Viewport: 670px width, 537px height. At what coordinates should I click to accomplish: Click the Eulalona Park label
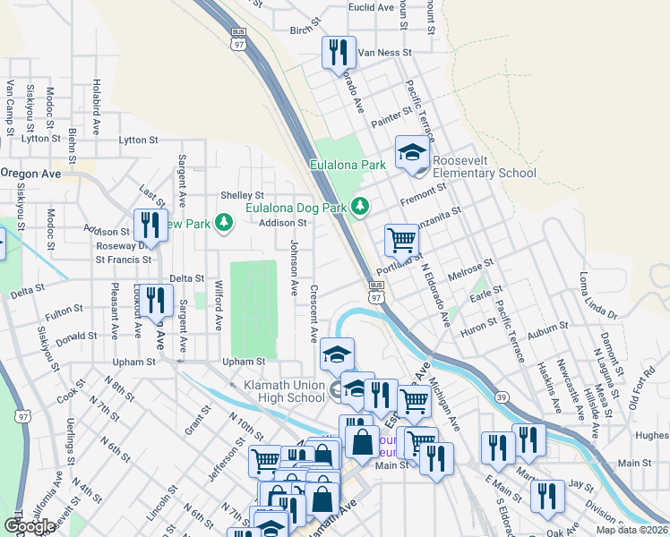point(348,165)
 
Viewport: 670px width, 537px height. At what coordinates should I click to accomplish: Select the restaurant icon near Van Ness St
point(339,53)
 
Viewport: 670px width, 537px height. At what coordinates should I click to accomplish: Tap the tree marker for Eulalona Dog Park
point(360,206)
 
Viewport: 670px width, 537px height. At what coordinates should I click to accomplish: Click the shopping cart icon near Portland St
point(401,240)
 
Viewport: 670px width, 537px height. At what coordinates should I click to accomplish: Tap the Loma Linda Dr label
point(598,296)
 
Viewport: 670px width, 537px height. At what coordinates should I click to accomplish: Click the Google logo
point(29,526)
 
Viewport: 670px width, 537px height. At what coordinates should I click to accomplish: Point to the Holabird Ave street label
point(95,107)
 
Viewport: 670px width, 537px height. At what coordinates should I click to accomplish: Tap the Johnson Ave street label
point(294,268)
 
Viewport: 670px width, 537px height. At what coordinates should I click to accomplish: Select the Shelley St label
point(242,195)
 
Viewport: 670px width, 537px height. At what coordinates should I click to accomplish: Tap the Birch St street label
point(300,30)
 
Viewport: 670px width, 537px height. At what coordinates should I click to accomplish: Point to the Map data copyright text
point(631,530)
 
